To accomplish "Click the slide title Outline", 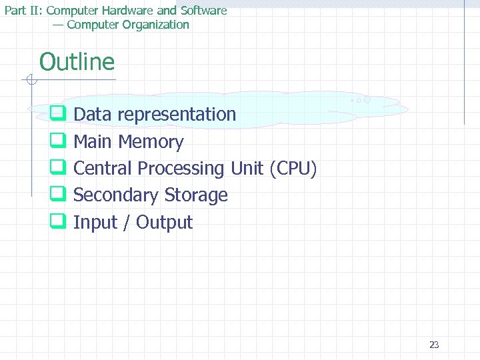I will tap(77, 63).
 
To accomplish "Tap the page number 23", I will tap(434, 345).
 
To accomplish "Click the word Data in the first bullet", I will tap(93, 115).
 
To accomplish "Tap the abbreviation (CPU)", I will tap(293, 169).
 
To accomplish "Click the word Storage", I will tap(196, 196).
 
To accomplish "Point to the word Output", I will tap(164, 223).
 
